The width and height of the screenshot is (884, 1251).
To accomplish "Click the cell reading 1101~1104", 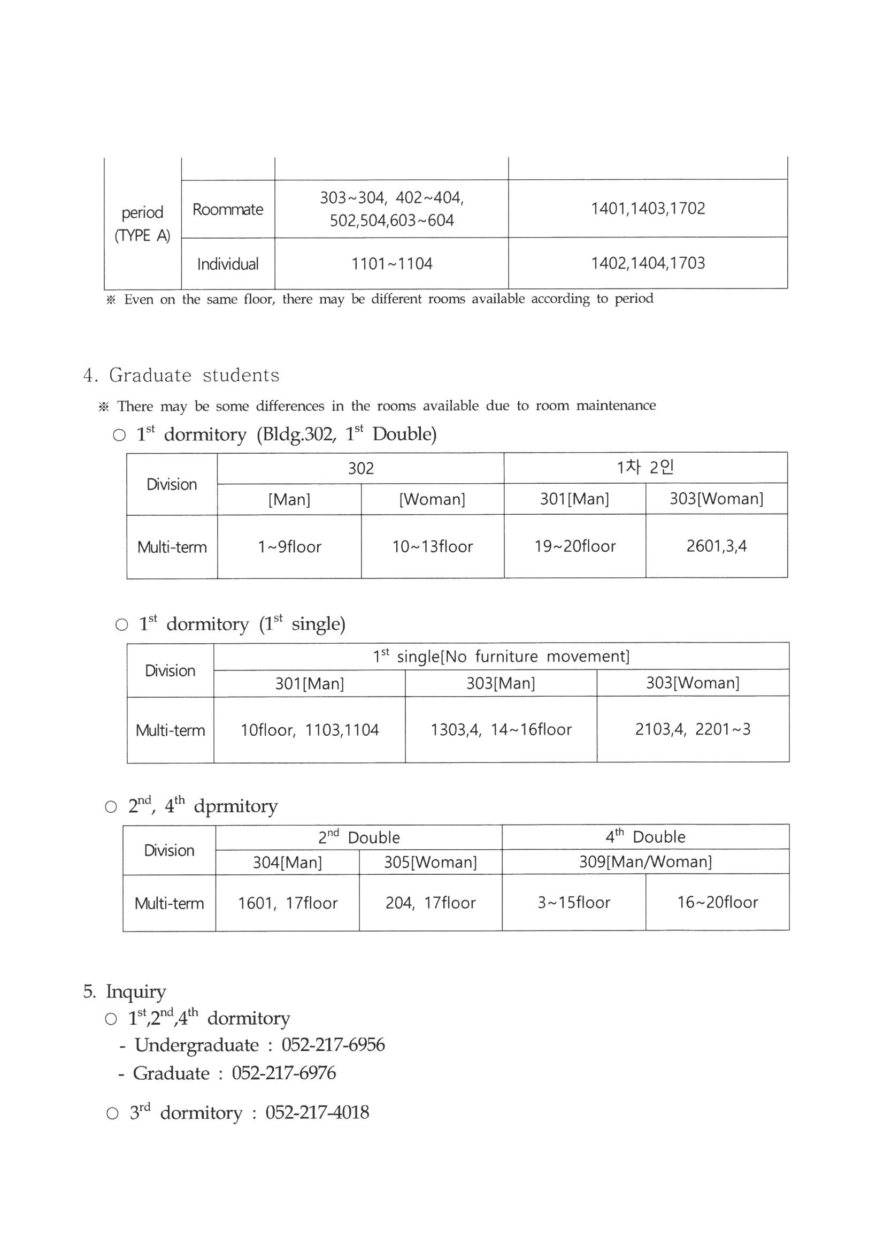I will [391, 264].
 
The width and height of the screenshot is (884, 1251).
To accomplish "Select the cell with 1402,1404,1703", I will [648, 263].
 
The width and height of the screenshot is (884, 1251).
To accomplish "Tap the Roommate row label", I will [228, 209].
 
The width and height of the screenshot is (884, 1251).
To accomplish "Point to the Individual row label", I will [228, 264].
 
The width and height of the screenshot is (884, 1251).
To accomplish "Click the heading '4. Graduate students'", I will [181, 375].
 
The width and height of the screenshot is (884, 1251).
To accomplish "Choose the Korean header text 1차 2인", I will [645, 468].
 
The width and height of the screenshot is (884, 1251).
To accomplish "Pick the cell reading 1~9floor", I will [289, 546].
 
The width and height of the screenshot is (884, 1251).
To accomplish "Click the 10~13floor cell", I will [433, 546].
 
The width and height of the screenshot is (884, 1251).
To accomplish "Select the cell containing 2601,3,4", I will [716, 546].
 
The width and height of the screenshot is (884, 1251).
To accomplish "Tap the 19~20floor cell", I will [575, 546].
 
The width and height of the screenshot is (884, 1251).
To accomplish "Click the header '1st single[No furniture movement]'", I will [501, 656].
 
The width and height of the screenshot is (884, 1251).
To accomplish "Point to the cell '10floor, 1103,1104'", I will [309, 729].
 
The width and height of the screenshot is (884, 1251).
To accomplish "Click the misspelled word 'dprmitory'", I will [235, 806].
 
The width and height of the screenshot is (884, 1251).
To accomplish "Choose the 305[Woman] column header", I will [431, 862].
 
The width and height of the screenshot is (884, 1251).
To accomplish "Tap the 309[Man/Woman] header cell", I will [645, 861].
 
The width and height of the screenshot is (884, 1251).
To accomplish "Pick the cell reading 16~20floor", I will [717, 902].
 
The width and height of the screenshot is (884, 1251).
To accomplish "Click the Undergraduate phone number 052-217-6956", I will [333, 1044].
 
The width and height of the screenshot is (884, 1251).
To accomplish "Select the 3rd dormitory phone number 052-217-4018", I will [317, 1112].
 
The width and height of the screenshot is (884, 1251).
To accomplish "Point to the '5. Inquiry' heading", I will [125, 991].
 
